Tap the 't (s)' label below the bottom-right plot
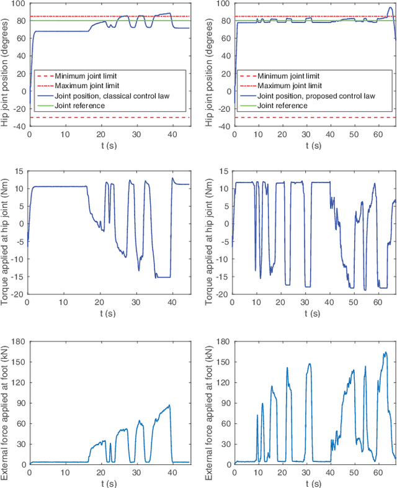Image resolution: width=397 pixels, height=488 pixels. coord(314,482)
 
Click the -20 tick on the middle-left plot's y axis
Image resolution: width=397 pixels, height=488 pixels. coord(19,294)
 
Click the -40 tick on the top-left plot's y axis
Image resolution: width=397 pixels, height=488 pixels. coord(19,126)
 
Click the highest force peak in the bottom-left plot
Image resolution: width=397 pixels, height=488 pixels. coord(169,405)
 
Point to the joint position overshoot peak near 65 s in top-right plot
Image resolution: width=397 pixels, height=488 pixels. coord(389,8)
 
